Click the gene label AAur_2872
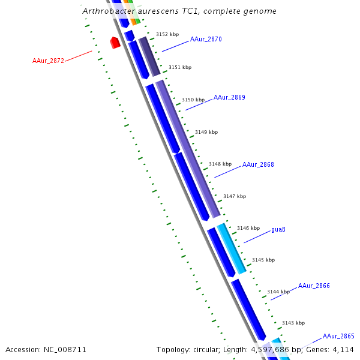[x=48, y=61]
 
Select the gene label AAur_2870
[x=206, y=39]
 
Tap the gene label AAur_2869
[x=229, y=97]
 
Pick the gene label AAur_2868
[x=258, y=164]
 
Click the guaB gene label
[x=278, y=229]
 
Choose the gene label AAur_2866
[x=314, y=286]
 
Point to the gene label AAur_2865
[x=338, y=337]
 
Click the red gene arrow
[x=115, y=43]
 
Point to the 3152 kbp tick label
[x=167, y=35]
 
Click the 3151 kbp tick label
[x=180, y=68]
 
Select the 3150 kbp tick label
[x=193, y=100]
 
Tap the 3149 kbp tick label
[x=206, y=132]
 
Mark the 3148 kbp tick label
[x=220, y=164]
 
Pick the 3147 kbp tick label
[x=235, y=196]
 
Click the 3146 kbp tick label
[x=248, y=228]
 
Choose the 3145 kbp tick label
[x=263, y=260]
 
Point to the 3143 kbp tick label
[x=293, y=323]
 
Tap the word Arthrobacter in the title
[x=106, y=11]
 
